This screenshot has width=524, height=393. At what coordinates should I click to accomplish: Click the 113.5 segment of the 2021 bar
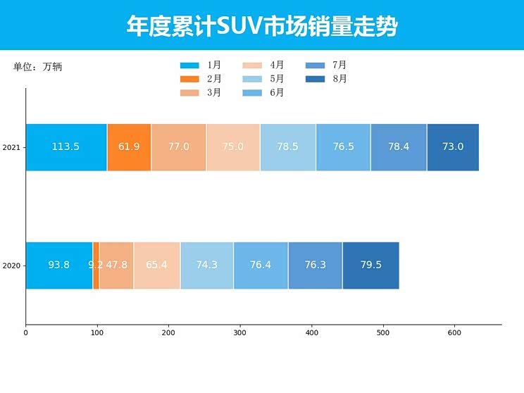tap(66, 147)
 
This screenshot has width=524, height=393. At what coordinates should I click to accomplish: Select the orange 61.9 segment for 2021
tap(129, 147)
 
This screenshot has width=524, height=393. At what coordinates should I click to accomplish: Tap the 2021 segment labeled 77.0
tap(179, 147)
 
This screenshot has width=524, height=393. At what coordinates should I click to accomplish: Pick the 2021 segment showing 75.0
tap(233, 147)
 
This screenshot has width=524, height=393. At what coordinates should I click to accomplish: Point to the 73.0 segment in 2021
tap(453, 147)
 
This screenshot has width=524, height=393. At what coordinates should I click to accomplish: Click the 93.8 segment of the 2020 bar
tap(59, 266)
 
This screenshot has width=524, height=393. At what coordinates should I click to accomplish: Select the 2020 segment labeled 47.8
tap(116, 266)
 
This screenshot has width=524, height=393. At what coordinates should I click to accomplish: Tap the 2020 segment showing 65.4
tap(156, 266)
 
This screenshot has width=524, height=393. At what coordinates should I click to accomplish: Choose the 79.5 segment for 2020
tap(370, 266)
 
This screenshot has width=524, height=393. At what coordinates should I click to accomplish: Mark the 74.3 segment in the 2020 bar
tap(207, 266)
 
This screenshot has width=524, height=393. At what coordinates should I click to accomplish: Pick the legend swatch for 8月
tap(316, 79)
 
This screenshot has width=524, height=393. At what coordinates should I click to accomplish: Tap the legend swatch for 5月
tap(253, 79)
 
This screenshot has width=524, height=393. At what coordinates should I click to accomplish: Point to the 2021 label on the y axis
tap(11, 148)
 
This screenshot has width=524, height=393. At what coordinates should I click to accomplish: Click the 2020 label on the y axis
tap(11, 266)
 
